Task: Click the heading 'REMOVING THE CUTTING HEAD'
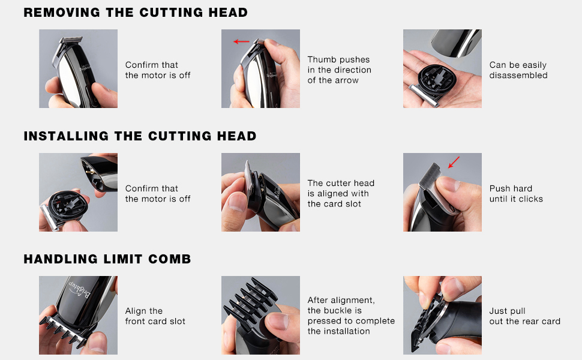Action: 136,12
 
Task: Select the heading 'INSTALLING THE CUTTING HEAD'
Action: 140,136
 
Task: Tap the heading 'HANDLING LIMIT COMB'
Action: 107,259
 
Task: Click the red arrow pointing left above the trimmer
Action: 241,41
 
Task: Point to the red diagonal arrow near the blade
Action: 454,162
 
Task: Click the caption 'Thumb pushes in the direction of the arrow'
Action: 339,70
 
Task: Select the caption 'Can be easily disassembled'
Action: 518,70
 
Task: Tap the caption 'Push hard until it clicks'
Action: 516,193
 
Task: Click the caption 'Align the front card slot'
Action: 155,316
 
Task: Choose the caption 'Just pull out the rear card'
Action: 524,316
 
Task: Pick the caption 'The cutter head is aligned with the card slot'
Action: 341,193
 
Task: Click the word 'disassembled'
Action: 518,75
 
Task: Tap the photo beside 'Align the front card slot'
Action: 79,315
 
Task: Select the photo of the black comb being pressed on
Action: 260,315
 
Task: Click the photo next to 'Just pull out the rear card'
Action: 442,315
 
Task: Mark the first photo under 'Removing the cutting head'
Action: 79,68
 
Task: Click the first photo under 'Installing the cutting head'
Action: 79,192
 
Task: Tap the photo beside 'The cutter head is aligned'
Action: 260,192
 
